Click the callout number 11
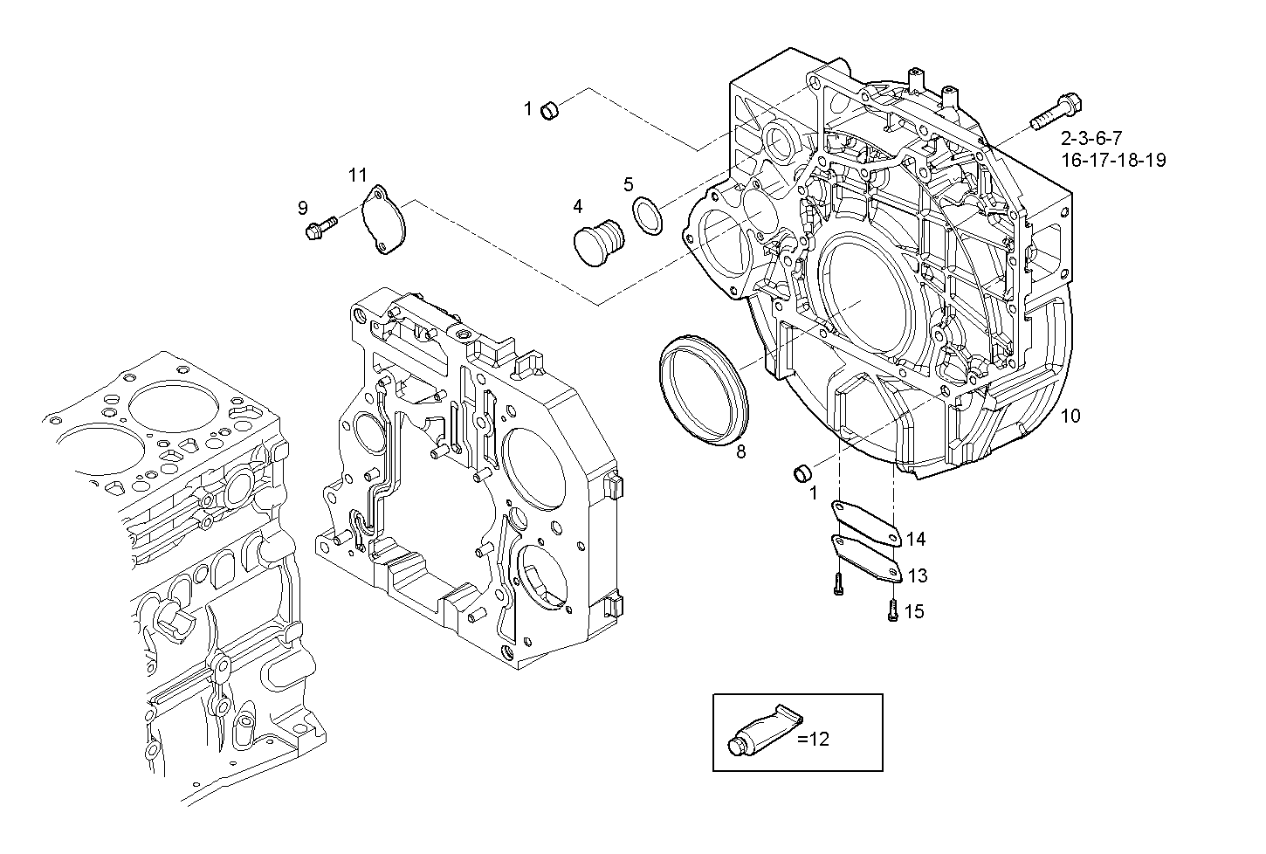click(358, 175)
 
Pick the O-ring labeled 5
click(647, 215)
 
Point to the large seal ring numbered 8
click(704, 391)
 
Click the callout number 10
click(1070, 416)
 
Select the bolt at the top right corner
click(1056, 111)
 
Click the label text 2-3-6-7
click(1091, 138)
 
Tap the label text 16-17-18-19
click(1113, 160)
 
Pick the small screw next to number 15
click(892, 610)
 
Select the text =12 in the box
click(814, 739)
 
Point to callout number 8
click(740, 451)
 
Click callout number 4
click(577, 206)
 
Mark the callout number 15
click(913, 611)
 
